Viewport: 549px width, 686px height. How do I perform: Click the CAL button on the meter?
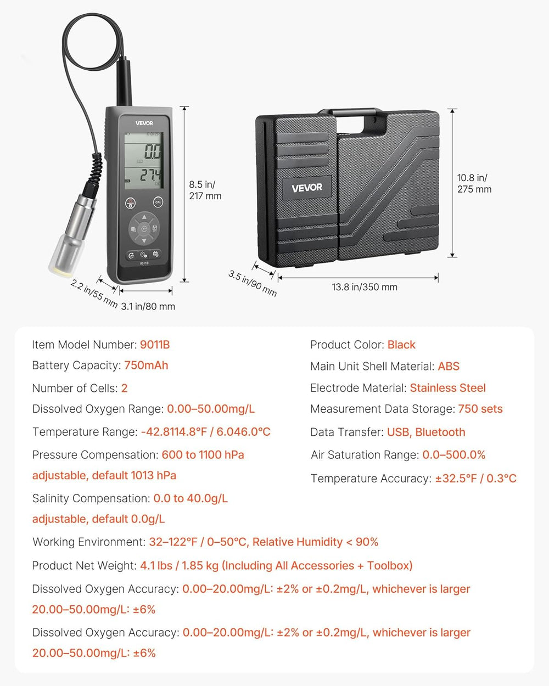[x=158, y=202]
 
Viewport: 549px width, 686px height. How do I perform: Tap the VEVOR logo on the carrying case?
[x=307, y=188]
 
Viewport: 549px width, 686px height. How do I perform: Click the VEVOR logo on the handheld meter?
[x=144, y=123]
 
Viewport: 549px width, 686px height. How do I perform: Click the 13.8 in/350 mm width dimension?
[x=365, y=287]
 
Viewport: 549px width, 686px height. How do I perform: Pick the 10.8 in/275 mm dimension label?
[x=474, y=184]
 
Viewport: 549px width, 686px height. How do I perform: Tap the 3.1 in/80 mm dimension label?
[x=148, y=306]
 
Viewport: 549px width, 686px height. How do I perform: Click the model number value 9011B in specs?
[x=155, y=345]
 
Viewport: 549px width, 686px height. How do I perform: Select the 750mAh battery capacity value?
[x=146, y=366]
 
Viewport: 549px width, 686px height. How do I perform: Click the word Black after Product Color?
[x=401, y=345]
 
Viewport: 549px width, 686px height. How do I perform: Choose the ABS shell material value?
[x=449, y=366]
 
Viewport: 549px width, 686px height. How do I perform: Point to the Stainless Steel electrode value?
[x=447, y=388]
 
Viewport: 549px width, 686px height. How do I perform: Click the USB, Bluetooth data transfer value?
[x=426, y=432]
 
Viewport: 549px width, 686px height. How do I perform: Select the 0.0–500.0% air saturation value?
[x=453, y=454]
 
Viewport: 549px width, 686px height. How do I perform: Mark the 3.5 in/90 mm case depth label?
[x=253, y=283]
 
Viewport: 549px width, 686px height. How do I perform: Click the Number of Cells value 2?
[x=125, y=388]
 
